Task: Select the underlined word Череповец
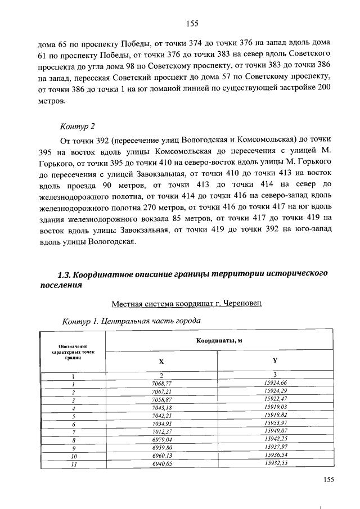[x=245, y=304]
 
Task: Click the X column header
[x=161, y=362]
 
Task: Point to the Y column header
[x=274, y=362]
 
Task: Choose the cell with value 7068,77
[x=161, y=384]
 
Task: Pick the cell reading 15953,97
[x=275, y=422]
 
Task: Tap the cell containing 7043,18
[x=161, y=407]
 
